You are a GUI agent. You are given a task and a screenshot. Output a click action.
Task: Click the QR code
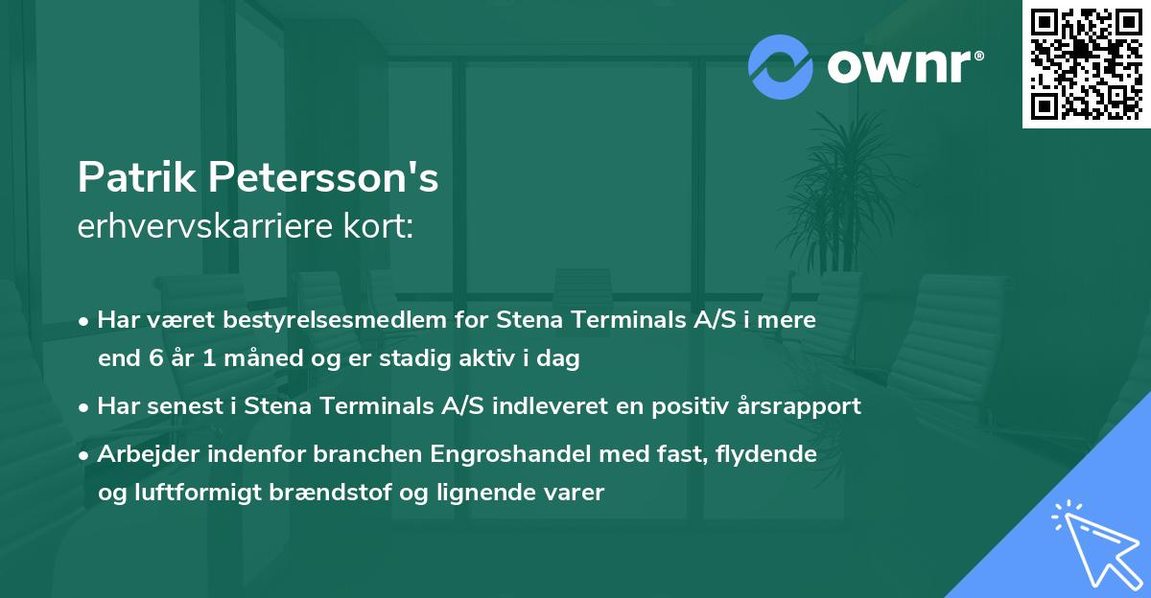1087,63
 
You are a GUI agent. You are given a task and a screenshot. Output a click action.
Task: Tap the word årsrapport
807,406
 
